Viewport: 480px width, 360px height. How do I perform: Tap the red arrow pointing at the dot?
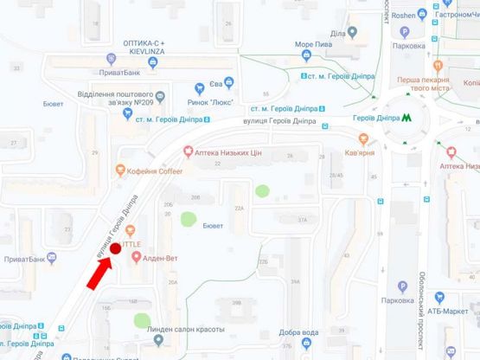click(99, 273)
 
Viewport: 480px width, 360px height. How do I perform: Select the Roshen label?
click(403, 15)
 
